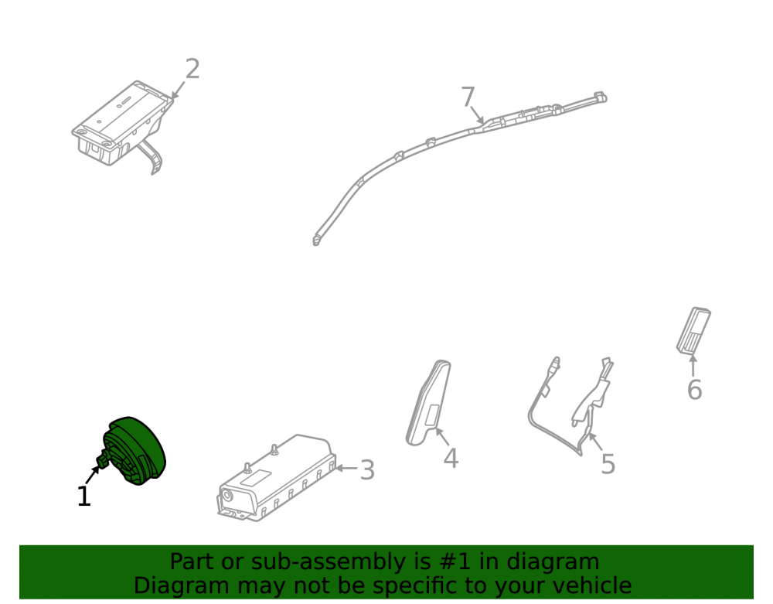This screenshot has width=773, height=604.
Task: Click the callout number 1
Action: (x=84, y=496)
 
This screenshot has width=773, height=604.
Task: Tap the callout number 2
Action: (x=192, y=69)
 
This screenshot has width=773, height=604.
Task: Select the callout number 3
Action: (x=367, y=470)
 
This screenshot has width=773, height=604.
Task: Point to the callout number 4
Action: (x=451, y=458)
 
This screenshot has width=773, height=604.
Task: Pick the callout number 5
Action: (x=608, y=464)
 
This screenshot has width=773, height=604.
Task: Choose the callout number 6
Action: (x=695, y=390)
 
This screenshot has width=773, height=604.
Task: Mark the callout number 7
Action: (x=468, y=97)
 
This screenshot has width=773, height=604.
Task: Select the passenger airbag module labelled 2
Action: (x=123, y=127)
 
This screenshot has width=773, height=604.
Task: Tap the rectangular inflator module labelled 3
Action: (x=277, y=478)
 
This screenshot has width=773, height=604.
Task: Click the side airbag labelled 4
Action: (x=428, y=403)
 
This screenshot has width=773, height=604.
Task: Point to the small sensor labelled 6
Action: (x=693, y=330)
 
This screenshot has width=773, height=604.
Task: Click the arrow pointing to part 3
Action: (x=346, y=468)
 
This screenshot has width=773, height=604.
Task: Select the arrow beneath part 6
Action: (x=693, y=365)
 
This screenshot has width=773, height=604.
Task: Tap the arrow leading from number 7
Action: (x=477, y=115)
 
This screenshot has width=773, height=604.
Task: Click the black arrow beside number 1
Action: (x=93, y=474)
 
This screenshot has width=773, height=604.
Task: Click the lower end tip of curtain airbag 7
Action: (x=315, y=242)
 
